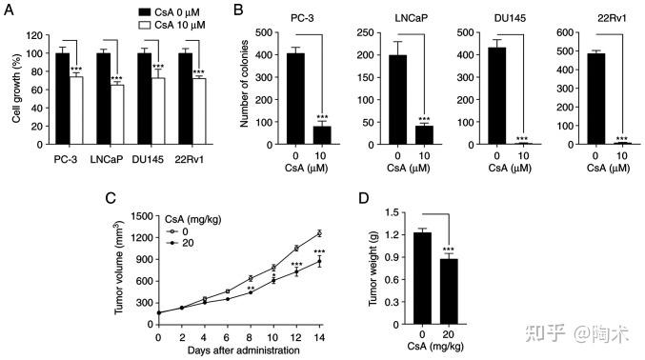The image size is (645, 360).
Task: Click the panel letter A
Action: [9, 10]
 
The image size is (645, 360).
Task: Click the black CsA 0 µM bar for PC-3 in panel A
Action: [63, 98]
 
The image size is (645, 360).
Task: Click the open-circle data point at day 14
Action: [319, 233]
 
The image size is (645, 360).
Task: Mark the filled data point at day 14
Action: [319, 261]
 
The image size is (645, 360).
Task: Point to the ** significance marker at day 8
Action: [250, 290]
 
